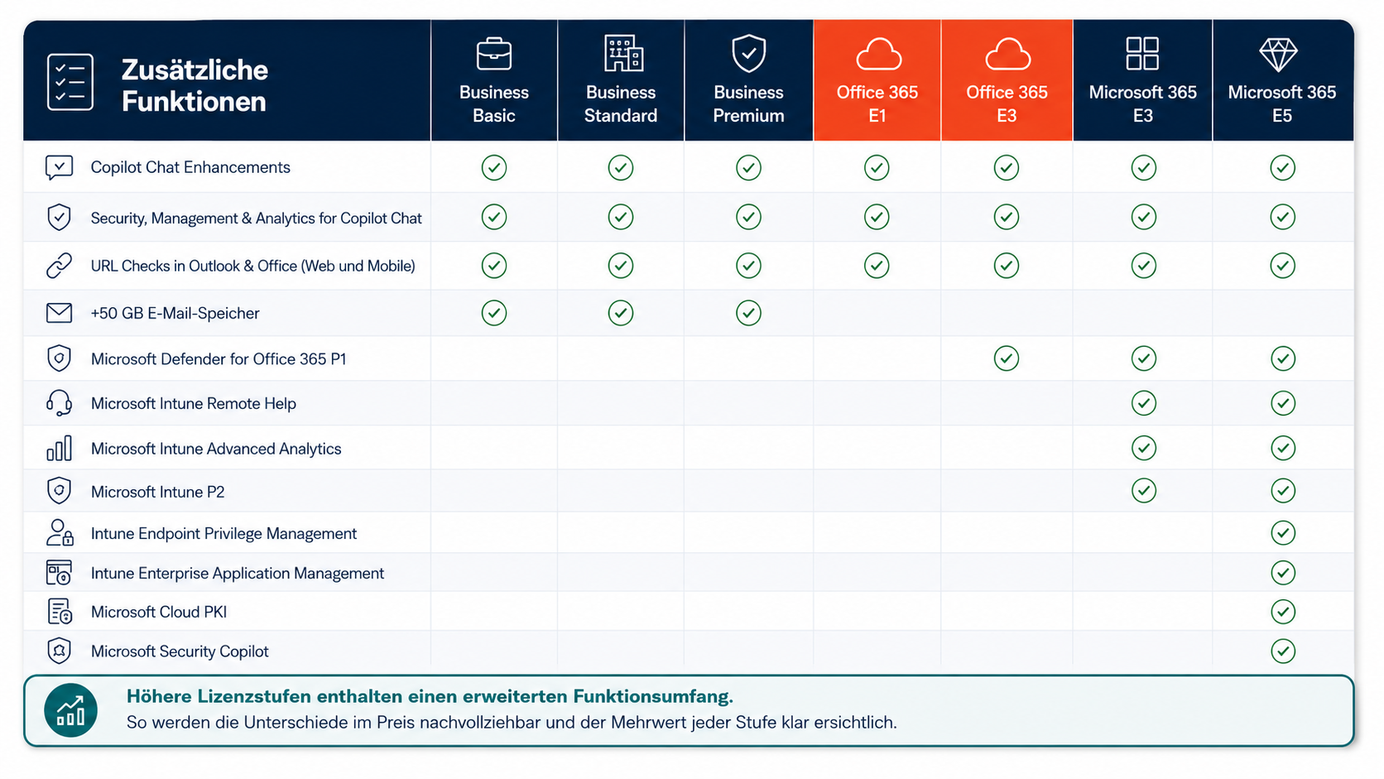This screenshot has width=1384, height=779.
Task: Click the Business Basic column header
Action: click(493, 103)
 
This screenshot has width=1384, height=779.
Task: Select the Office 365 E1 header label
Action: click(877, 103)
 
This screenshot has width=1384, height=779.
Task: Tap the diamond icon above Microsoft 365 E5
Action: click(1278, 55)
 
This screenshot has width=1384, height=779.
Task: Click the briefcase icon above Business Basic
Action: click(493, 54)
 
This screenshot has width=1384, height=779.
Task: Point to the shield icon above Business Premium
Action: click(748, 53)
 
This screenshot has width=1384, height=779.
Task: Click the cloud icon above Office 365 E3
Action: click(1007, 55)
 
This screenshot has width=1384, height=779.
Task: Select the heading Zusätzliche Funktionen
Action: click(195, 85)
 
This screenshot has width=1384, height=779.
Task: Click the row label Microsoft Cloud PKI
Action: click(159, 612)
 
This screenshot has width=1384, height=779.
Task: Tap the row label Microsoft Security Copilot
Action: click(180, 652)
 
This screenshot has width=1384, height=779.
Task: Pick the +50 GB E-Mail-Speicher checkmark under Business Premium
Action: click(748, 313)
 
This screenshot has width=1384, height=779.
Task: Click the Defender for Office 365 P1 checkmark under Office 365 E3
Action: click(1007, 358)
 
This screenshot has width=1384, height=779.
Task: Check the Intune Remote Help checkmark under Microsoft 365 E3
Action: click(1144, 403)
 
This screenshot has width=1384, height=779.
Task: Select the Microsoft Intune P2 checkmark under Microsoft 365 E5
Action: click(1283, 491)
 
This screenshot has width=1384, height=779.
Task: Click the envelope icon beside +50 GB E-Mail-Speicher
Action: click(60, 313)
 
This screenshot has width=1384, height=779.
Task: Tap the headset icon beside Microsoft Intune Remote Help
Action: click(60, 403)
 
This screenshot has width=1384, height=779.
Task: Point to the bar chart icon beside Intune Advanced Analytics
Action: click(60, 448)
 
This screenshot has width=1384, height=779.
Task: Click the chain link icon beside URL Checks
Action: click(60, 266)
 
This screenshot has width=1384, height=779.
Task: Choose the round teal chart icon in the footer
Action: click(70, 710)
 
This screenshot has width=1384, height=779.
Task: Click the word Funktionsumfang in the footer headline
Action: click(653, 697)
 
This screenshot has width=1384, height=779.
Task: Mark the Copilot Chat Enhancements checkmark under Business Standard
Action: click(620, 167)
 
